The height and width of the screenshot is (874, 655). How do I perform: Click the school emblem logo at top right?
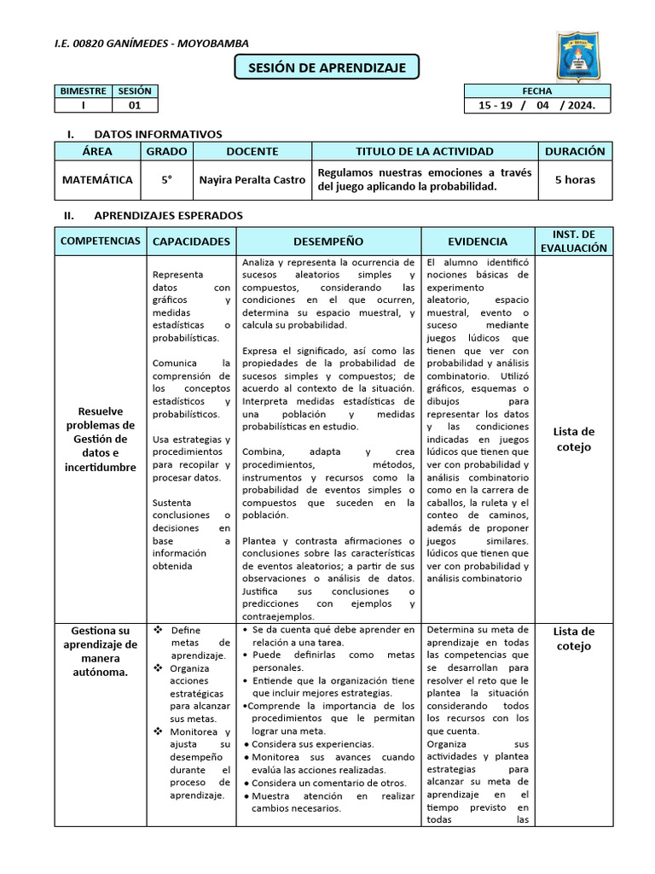point(583,52)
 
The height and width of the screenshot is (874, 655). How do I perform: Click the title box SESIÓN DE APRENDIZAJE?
point(327,67)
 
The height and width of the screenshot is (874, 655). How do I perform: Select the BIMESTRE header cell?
point(83,91)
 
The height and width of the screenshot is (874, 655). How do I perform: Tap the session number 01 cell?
point(135,106)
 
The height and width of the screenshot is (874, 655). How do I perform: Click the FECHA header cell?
point(537,91)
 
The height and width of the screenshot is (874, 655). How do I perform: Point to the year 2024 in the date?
point(573,106)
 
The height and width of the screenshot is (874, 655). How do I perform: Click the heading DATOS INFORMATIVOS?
point(158,134)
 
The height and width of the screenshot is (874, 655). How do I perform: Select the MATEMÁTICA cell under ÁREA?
point(97,180)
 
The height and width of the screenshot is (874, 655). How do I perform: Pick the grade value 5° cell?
point(166,180)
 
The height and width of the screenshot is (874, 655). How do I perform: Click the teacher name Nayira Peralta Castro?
point(252,180)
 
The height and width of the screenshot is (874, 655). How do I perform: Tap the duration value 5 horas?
point(575,180)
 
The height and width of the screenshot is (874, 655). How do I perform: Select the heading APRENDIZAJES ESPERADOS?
point(168,216)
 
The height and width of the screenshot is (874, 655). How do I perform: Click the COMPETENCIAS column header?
point(101,242)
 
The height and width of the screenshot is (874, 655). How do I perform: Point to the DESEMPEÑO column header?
point(328,242)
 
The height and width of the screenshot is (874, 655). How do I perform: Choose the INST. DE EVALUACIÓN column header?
point(574,242)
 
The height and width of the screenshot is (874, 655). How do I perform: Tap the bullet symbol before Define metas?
point(158,630)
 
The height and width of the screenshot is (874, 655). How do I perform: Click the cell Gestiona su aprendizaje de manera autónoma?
point(101,651)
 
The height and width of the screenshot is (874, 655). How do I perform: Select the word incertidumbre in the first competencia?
point(100,468)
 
